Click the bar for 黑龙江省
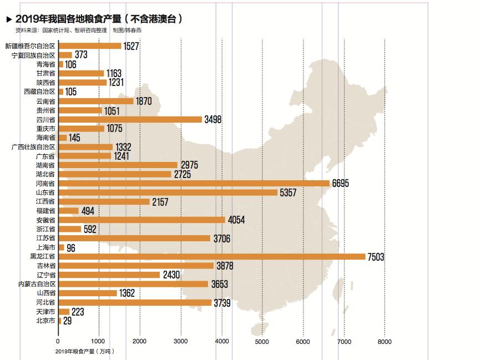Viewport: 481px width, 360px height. coord(211,256)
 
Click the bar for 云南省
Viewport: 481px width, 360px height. coord(95,101)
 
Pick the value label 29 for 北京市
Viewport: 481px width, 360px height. coord(68,321)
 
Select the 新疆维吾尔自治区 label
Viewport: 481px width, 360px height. coord(30,46)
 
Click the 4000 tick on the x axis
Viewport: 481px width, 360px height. coord(221,341)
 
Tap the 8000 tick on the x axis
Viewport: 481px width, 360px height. coord(384,341)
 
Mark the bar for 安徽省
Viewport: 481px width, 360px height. coord(141,220)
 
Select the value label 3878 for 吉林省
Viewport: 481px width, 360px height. coord(225,266)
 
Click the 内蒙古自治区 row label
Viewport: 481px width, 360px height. coord(37,284)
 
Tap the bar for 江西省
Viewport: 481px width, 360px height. coord(104,201)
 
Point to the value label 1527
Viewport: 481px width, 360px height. coord(131,46)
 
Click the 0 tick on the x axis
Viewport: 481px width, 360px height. coord(58,341)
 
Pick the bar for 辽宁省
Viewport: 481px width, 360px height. coord(109,275)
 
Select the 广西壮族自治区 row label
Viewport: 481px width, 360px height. coord(33,147)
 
